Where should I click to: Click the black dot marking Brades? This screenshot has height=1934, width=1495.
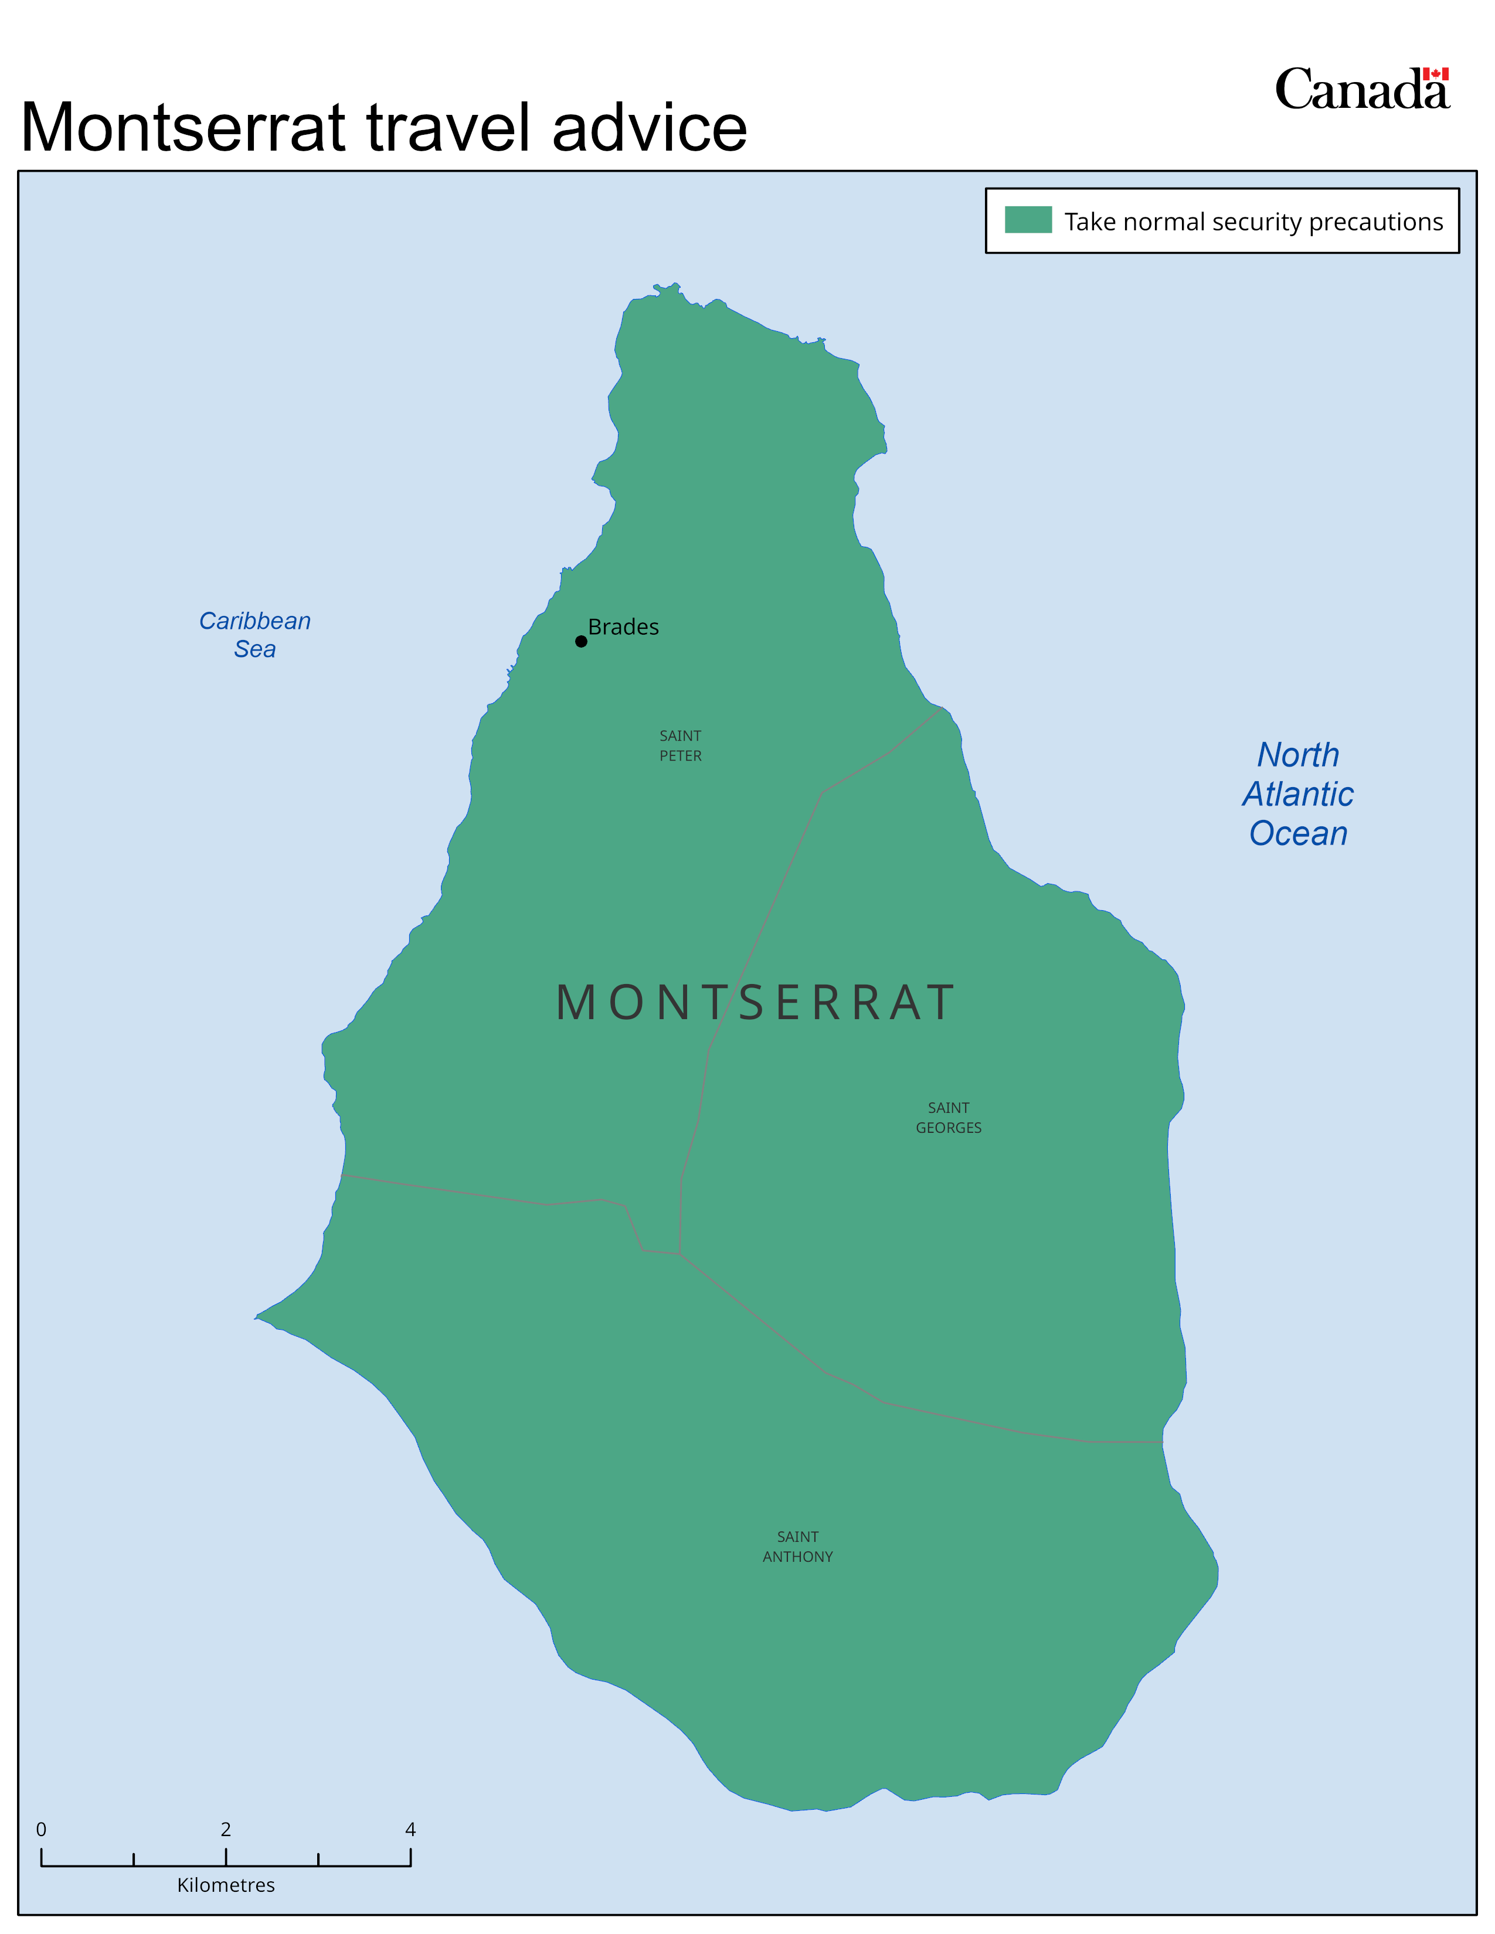point(581,641)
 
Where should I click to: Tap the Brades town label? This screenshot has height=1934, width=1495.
point(624,627)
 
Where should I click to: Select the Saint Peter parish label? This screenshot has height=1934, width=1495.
point(680,745)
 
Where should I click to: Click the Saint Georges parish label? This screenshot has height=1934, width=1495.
point(949,1118)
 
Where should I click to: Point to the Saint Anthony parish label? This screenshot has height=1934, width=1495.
point(798,1546)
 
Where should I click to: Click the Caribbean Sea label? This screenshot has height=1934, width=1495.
point(255,635)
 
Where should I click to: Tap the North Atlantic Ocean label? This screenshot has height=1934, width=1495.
point(1299,794)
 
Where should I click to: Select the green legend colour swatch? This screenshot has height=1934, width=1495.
point(1028,220)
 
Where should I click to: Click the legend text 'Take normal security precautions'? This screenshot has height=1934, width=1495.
point(1253,222)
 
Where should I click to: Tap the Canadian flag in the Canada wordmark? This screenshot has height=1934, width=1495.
point(1436,74)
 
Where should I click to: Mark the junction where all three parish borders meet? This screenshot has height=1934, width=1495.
point(680,1254)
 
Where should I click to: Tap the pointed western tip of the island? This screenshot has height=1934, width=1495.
point(257,1317)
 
